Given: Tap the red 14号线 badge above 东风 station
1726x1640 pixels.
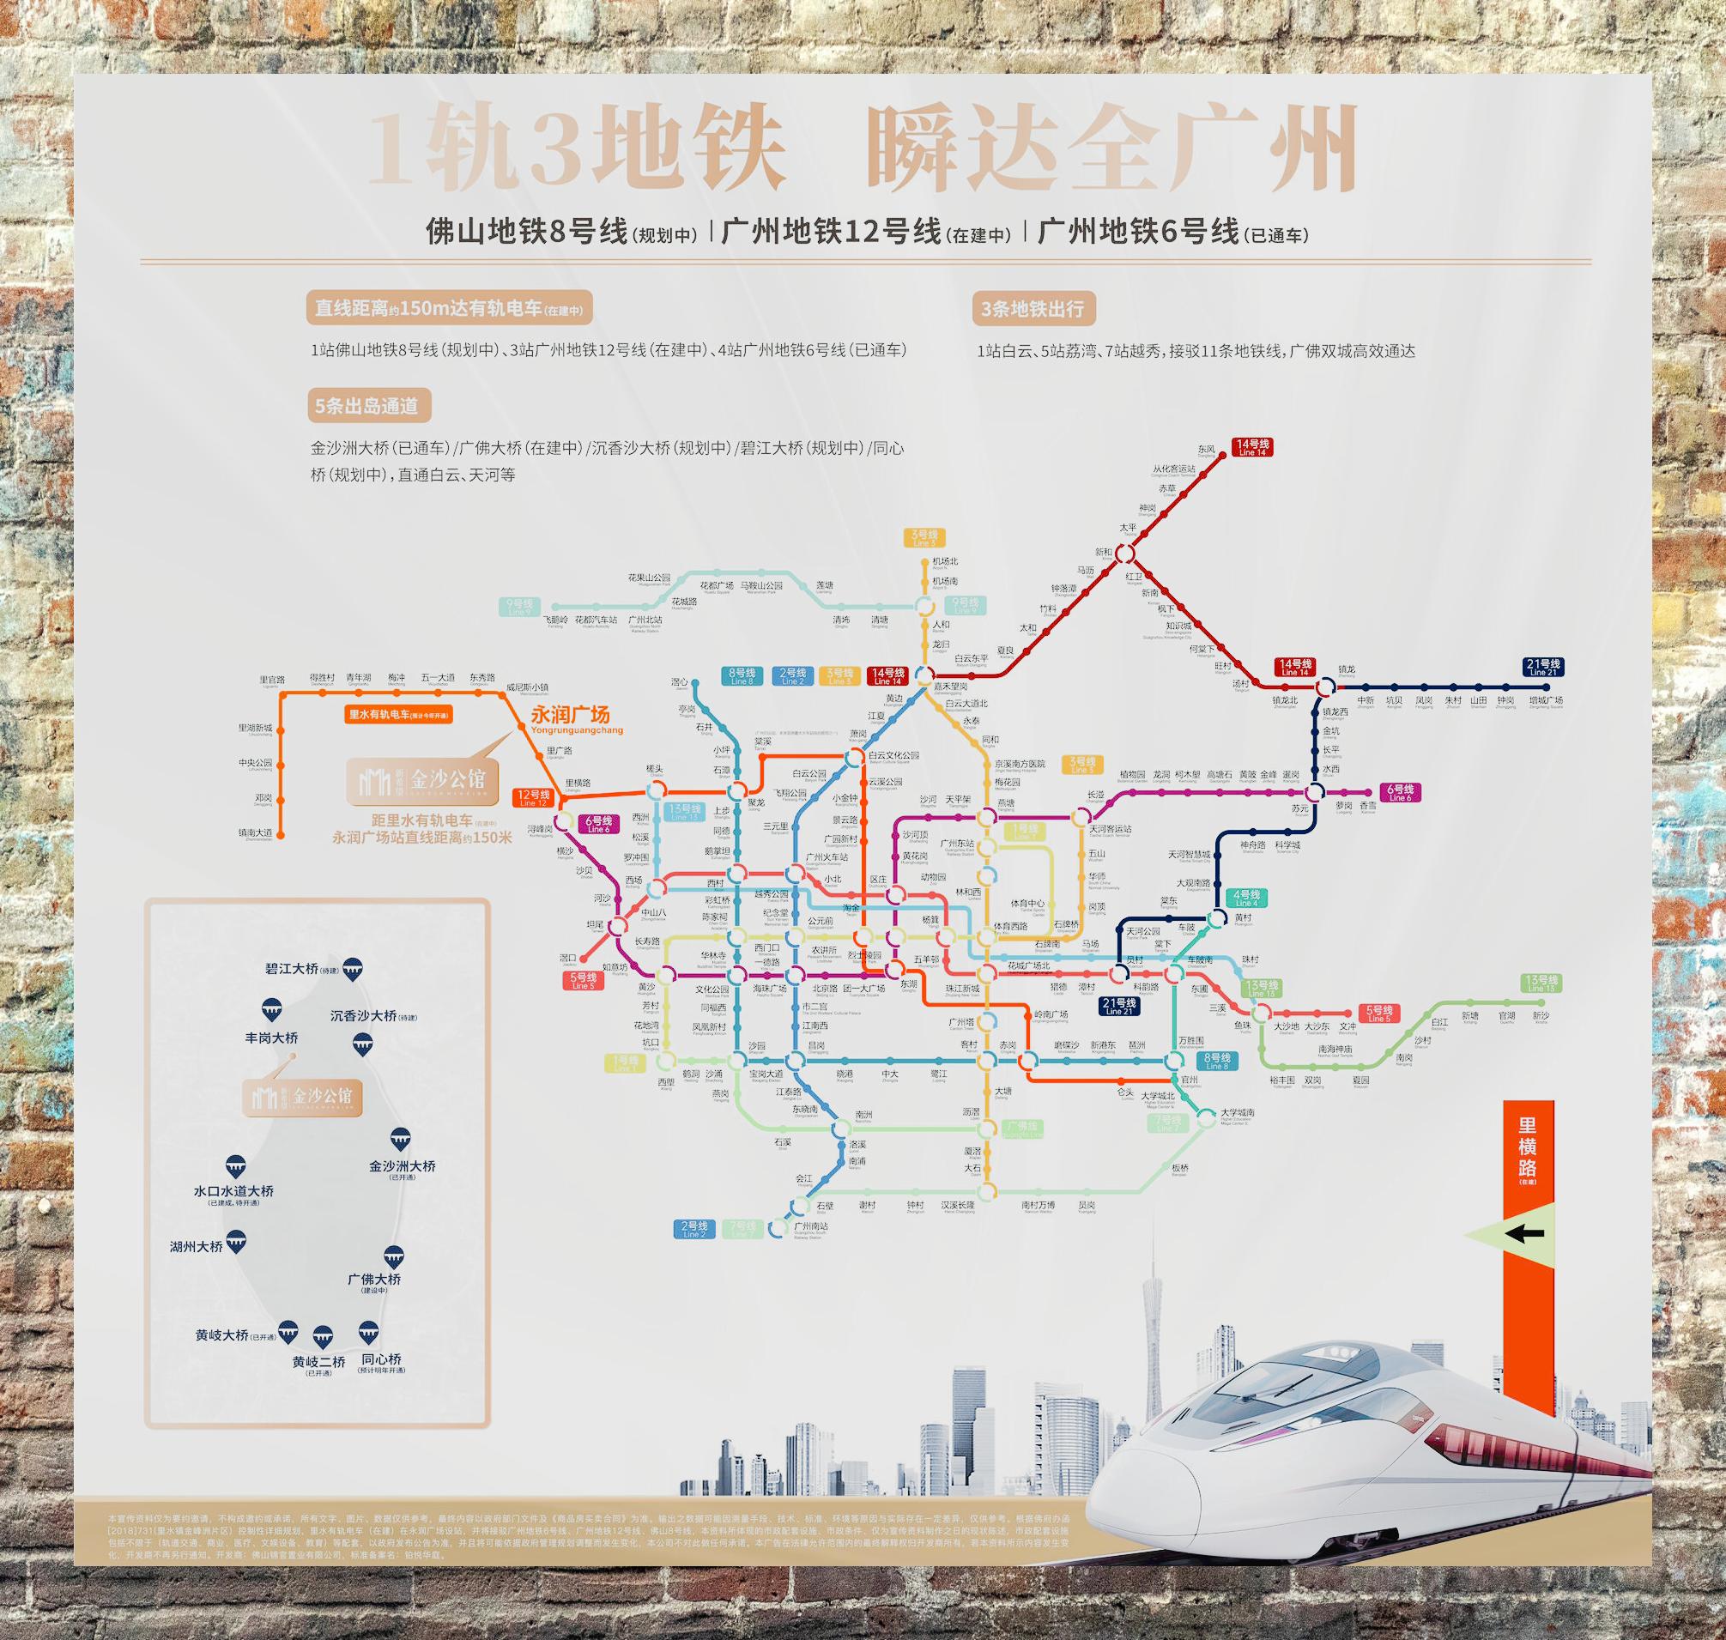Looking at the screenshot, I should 1252,447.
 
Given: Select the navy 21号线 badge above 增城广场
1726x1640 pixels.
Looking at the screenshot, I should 1544,667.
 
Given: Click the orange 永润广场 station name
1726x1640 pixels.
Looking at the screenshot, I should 569,714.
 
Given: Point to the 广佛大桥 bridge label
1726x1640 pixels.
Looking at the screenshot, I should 374,1279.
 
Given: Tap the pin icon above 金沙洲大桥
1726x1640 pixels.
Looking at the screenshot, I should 402,1139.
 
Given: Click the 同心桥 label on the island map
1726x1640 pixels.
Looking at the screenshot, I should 381,1360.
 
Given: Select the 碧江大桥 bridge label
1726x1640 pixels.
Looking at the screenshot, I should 291,970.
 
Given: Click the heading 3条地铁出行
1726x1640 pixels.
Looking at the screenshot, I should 1032,309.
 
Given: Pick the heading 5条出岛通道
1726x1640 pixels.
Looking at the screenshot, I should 366,406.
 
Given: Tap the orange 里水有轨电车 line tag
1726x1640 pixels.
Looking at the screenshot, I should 398,714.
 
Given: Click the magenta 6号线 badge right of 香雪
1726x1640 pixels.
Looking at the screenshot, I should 1399,792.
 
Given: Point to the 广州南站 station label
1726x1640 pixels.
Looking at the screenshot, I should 810,1226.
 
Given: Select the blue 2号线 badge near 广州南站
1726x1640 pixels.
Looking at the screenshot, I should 694,1228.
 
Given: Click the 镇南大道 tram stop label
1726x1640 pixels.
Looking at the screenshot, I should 255,832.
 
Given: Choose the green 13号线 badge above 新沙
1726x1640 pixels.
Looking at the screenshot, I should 1541,983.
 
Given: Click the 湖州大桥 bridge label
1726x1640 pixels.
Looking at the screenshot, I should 196,1248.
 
